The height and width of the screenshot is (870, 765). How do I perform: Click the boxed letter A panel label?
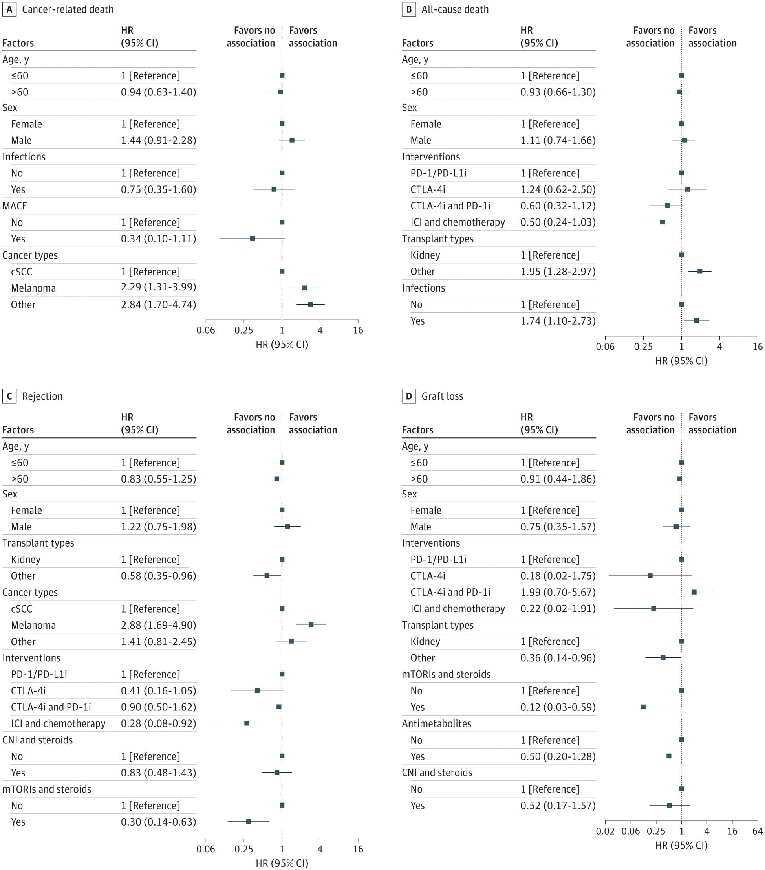point(9,9)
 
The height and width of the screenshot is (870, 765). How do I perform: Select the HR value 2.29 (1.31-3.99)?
point(158,287)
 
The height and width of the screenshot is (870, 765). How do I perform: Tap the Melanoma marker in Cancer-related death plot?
point(305,288)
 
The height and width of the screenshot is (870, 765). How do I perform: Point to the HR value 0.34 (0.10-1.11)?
point(158,239)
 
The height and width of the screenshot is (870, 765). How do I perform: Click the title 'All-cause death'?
point(455,9)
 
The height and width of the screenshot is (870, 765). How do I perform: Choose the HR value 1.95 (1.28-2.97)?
point(558,272)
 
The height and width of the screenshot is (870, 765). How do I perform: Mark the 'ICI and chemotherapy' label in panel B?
point(458,222)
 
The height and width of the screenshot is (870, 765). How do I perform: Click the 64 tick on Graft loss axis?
point(757,831)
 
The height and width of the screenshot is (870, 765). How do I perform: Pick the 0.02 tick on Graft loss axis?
point(605,831)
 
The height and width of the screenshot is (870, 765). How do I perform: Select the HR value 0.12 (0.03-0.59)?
point(558,707)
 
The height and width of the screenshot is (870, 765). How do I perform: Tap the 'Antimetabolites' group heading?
point(437,723)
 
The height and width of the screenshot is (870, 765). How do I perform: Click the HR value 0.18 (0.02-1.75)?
point(558,576)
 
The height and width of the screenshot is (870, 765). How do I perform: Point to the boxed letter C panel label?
point(9,396)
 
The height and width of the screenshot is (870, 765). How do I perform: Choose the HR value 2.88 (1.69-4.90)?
point(158,625)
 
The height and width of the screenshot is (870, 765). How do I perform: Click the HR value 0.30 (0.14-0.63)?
point(158,822)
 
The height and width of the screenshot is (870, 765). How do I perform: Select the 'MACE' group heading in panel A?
point(15,206)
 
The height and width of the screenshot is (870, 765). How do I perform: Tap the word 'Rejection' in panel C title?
point(42,396)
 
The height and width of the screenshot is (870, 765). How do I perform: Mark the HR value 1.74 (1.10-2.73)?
point(558,321)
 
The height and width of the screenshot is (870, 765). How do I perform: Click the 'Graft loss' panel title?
point(442,396)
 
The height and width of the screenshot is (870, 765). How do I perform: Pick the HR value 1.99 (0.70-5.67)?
point(558,592)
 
